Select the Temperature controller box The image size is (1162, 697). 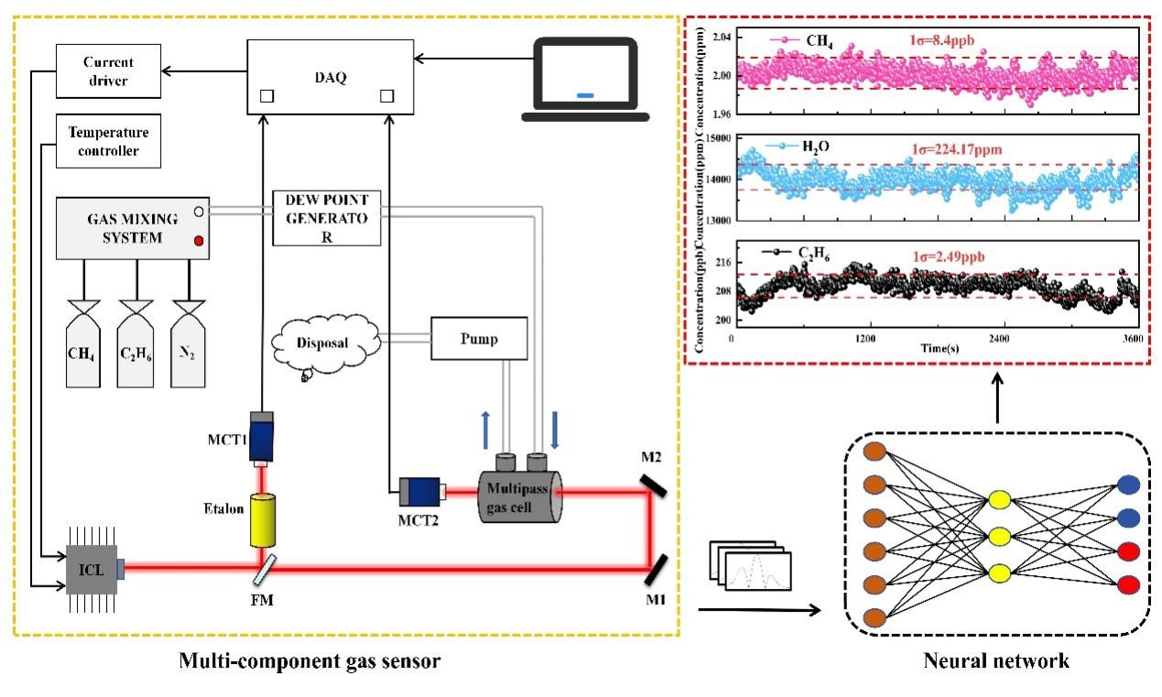pyautogui.click(x=107, y=141)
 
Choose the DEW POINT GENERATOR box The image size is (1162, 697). pyautogui.click(x=327, y=218)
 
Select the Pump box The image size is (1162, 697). pyautogui.click(x=479, y=341)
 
